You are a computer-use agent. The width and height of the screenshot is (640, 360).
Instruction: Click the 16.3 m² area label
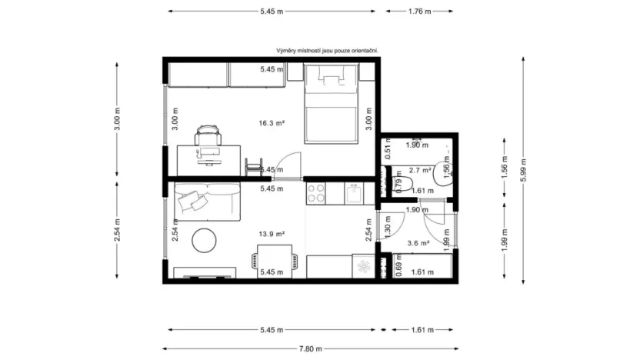coord(272,122)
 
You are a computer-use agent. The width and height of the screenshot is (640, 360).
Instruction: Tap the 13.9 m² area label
coord(272,234)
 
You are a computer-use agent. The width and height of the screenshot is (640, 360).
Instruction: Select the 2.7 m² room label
coord(419,170)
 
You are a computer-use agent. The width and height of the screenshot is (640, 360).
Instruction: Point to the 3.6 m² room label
coord(419,243)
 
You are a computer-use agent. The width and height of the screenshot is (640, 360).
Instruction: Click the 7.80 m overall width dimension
coord(312,348)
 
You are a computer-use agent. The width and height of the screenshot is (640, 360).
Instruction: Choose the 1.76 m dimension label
coord(419,12)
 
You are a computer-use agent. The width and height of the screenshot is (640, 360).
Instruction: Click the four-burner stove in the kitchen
coord(316,193)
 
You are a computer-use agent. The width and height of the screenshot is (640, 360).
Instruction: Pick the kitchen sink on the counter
coord(355,192)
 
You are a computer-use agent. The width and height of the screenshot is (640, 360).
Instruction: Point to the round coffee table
coord(204,240)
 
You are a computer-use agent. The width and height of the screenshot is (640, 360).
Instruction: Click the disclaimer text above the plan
coord(328,50)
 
